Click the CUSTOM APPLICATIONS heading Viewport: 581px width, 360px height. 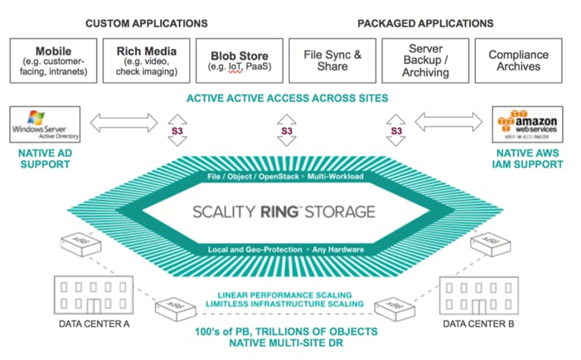(x=147, y=23)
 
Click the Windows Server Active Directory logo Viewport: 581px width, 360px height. (x=39, y=125)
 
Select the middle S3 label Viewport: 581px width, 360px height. (x=287, y=131)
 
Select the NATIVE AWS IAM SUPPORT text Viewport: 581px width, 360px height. (x=527, y=159)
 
